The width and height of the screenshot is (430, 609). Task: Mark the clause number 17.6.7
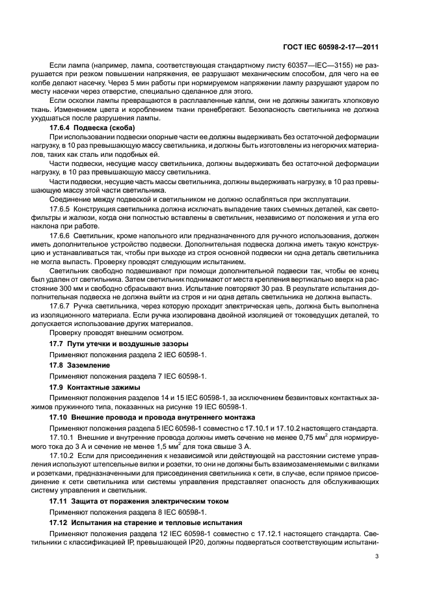pyautogui.click(x=60, y=304)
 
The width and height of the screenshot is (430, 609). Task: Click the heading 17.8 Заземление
pyautogui.click(x=79, y=366)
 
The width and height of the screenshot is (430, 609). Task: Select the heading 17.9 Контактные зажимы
pyautogui.click(x=94, y=388)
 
